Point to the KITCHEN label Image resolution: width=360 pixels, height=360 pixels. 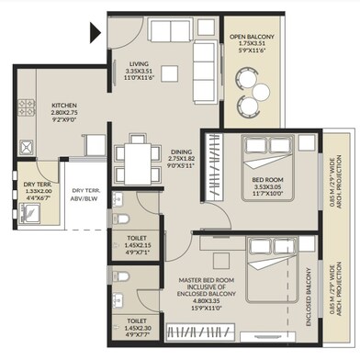(64, 104)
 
